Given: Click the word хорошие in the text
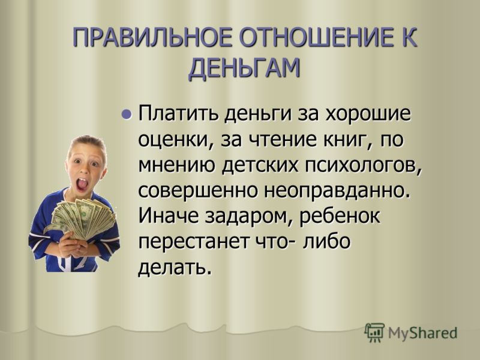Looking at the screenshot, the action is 367,114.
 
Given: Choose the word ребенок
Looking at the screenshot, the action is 339,217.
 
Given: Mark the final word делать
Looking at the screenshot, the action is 175,268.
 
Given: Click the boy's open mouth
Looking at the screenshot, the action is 82,184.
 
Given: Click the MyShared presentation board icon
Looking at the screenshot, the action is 374,332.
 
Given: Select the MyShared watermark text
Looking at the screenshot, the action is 422,333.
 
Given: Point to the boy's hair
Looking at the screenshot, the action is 87,143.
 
